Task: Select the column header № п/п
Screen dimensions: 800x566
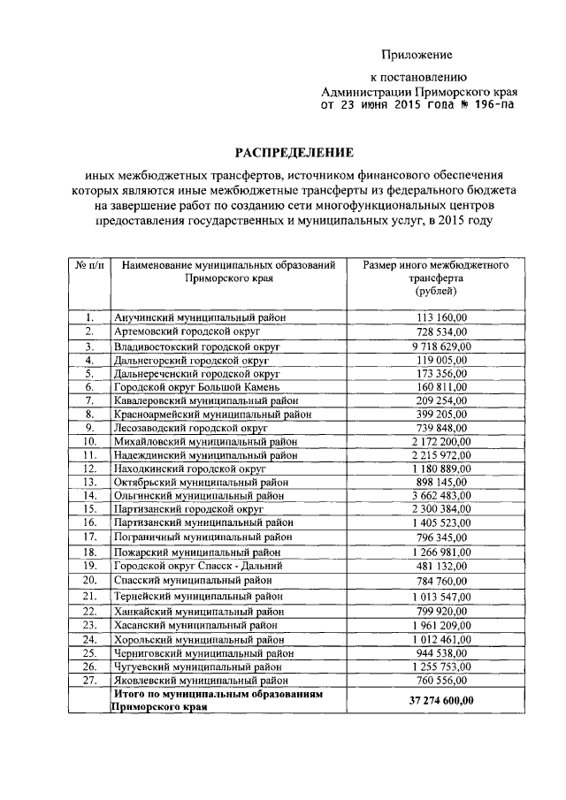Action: click(89, 265)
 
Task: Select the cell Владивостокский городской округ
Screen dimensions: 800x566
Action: click(196, 347)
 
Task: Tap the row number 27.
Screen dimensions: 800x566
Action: click(89, 681)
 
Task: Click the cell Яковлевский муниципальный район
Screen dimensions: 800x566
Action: click(200, 681)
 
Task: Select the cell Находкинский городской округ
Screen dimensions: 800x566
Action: click(189, 468)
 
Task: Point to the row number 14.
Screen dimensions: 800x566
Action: click(89, 496)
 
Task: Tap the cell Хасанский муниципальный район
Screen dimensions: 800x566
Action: click(195, 624)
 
